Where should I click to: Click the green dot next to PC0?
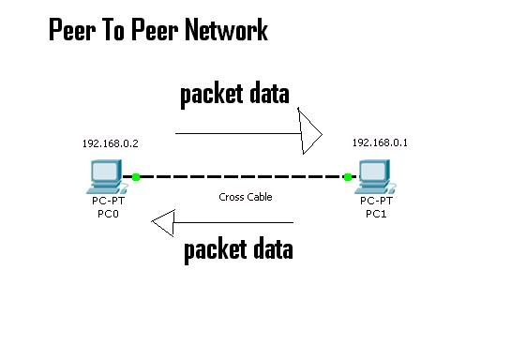click(136, 176)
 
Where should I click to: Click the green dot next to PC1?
click(347, 176)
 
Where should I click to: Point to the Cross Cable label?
click(245, 197)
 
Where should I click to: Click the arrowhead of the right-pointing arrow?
click(310, 133)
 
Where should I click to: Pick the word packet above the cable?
click(212, 94)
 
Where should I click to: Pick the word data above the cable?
click(270, 94)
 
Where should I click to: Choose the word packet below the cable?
click(215, 249)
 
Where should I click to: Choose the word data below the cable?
click(273, 249)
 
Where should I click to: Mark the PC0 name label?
click(108, 214)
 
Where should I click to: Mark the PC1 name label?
click(377, 214)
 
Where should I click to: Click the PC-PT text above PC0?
click(108, 202)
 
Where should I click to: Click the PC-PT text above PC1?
click(377, 202)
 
